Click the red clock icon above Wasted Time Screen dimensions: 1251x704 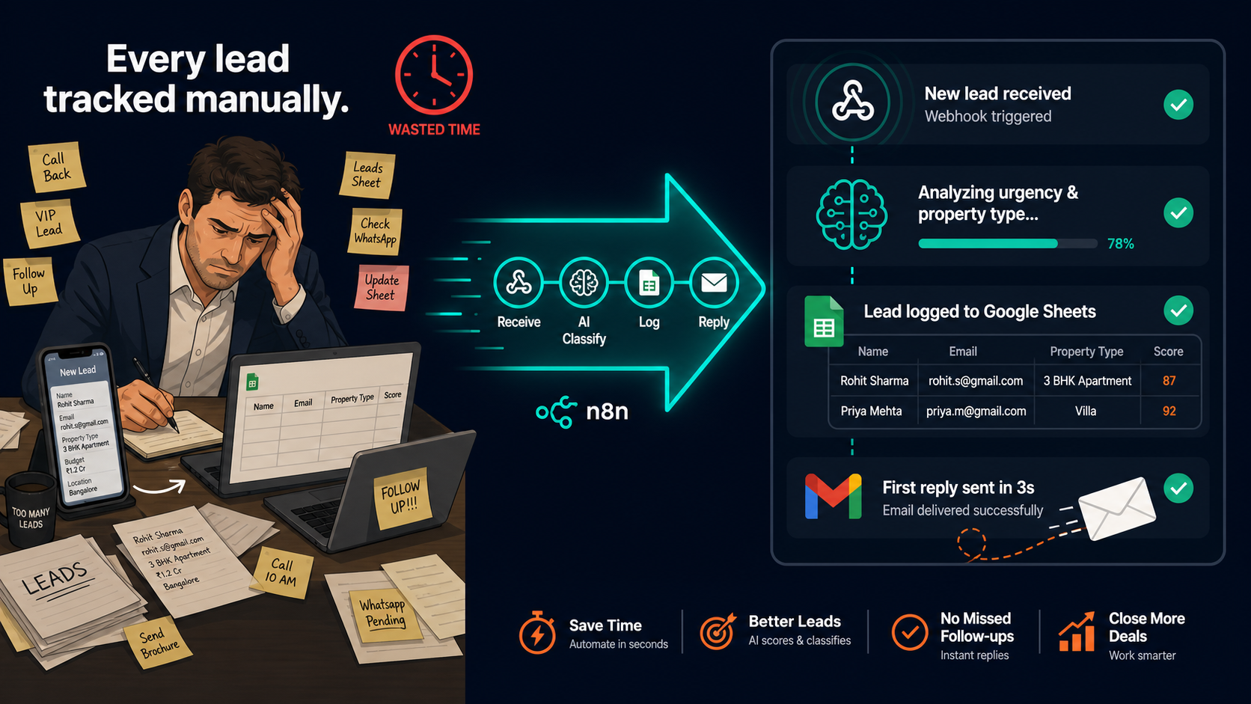click(434, 75)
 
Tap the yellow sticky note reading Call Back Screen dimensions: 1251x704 click(56, 167)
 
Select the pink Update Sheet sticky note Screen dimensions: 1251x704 click(382, 287)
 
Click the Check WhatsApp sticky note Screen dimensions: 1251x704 click(376, 231)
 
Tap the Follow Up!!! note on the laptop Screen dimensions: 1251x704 click(402, 498)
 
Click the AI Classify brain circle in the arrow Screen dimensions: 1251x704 click(584, 283)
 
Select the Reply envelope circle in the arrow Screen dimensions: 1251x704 click(714, 283)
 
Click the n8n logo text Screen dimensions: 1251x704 click(607, 411)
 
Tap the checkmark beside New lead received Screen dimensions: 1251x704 click(1178, 105)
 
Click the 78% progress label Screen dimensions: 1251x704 click(1120, 243)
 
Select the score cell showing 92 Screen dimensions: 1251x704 click(1169, 411)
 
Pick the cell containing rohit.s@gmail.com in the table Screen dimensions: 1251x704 click(976, 381)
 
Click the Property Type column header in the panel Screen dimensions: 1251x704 click(1086, 351)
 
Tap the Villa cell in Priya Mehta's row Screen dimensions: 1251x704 click(1086, 411)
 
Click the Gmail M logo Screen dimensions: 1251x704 click(833, 496)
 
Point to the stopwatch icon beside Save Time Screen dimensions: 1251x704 click(537, 632)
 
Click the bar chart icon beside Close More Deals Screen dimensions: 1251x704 click(1077, 631)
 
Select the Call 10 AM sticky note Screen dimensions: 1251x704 click(281, 572)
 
